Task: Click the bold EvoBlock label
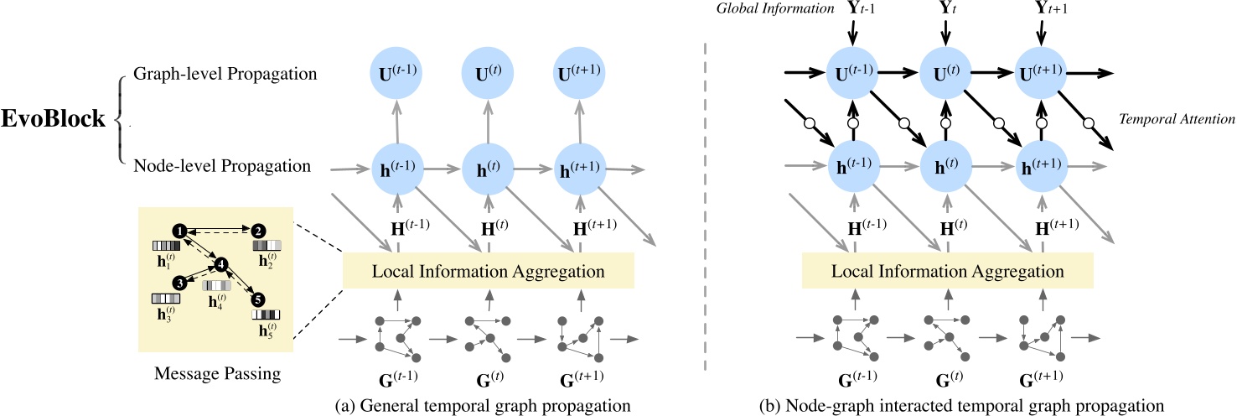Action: click(53, 119)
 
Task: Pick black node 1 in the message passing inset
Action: click(178, 229)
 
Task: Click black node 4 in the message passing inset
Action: click(221, 265)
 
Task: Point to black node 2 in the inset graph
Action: click(258, 230)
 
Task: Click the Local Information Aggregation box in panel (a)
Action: click(489, 272)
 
